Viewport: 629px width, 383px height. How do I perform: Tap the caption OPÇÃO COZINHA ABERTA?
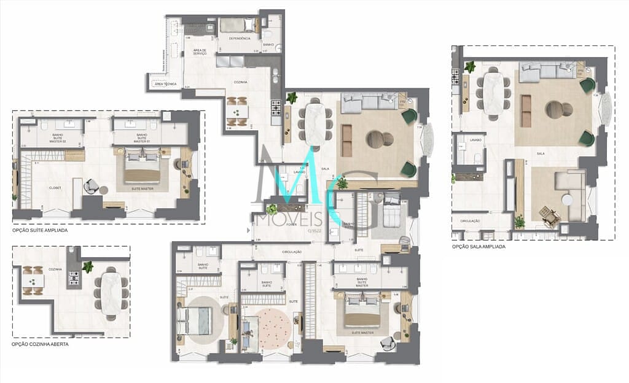tap(40, 344)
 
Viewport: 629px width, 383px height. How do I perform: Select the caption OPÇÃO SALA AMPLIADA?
tap(479, 246)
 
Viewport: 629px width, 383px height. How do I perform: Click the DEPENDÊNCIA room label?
tap(240, 38)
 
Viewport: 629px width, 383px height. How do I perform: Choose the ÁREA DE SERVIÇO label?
tap(200, 52)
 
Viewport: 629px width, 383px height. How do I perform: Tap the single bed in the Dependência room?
tap(237, 25)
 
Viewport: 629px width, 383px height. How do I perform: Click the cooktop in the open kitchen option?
tap(74, 279)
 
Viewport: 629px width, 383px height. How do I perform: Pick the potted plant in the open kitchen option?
tap(88, 267)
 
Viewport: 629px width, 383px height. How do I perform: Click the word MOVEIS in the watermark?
tap(277, 219)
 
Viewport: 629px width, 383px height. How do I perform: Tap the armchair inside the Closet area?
tap(90, 186)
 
